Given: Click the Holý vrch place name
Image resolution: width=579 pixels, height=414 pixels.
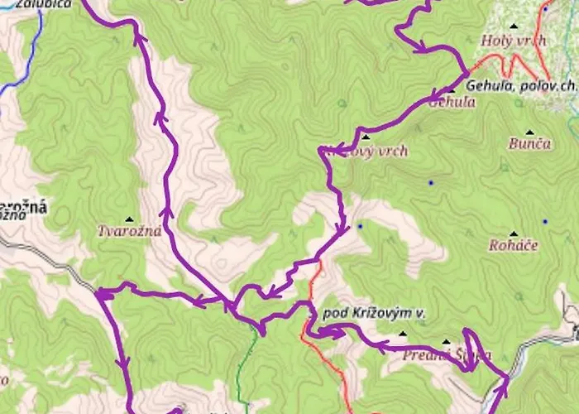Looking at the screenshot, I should pos(514,40).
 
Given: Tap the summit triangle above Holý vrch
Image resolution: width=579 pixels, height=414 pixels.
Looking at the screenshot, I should pos(515,25).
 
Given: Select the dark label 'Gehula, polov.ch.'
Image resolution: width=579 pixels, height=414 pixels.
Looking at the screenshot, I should pos(521,85).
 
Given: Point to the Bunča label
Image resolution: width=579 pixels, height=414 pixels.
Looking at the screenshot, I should pos(529,143).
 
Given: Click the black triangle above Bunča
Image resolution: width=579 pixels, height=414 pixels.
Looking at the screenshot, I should pos(514,128).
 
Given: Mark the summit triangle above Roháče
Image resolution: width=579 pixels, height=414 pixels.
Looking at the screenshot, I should pos(514,233).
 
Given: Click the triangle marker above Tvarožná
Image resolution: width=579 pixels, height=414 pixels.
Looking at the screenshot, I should pos(128,219).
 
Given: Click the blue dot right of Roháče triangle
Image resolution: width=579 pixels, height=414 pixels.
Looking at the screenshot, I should pos(544,222).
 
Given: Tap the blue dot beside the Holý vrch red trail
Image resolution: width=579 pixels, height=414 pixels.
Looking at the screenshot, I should pos(545,10).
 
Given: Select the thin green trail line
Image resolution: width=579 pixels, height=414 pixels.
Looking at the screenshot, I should pos(242,373).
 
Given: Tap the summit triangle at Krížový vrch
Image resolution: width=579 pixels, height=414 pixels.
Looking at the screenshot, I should pos(365,136).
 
